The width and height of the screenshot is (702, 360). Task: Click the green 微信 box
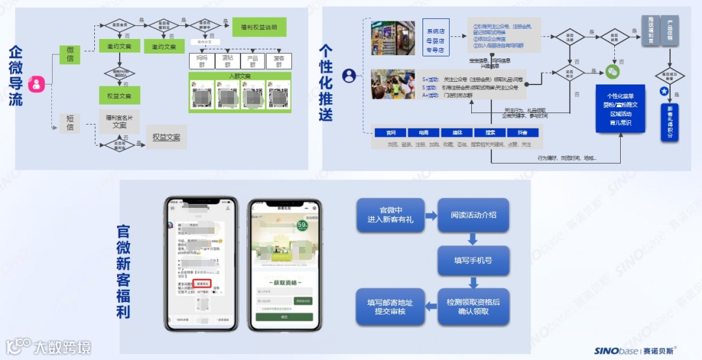pos(70,55)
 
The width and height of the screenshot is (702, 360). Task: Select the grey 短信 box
pos(70,122)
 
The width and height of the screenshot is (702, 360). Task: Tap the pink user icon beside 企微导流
pos(38,84)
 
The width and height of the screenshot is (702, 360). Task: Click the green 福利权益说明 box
pos(259,27)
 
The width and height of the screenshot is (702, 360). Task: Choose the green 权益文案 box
pos(119,96)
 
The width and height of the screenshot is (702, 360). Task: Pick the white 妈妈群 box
pos(201,60)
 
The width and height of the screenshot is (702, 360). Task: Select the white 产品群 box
pos(253,60)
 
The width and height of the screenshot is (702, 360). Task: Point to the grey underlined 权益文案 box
pos(166,137)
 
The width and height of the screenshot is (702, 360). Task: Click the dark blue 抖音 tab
pos(521,133)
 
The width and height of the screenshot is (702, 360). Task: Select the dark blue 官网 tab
pos(391,133)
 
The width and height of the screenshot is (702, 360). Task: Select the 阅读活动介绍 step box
pos(473,215)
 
